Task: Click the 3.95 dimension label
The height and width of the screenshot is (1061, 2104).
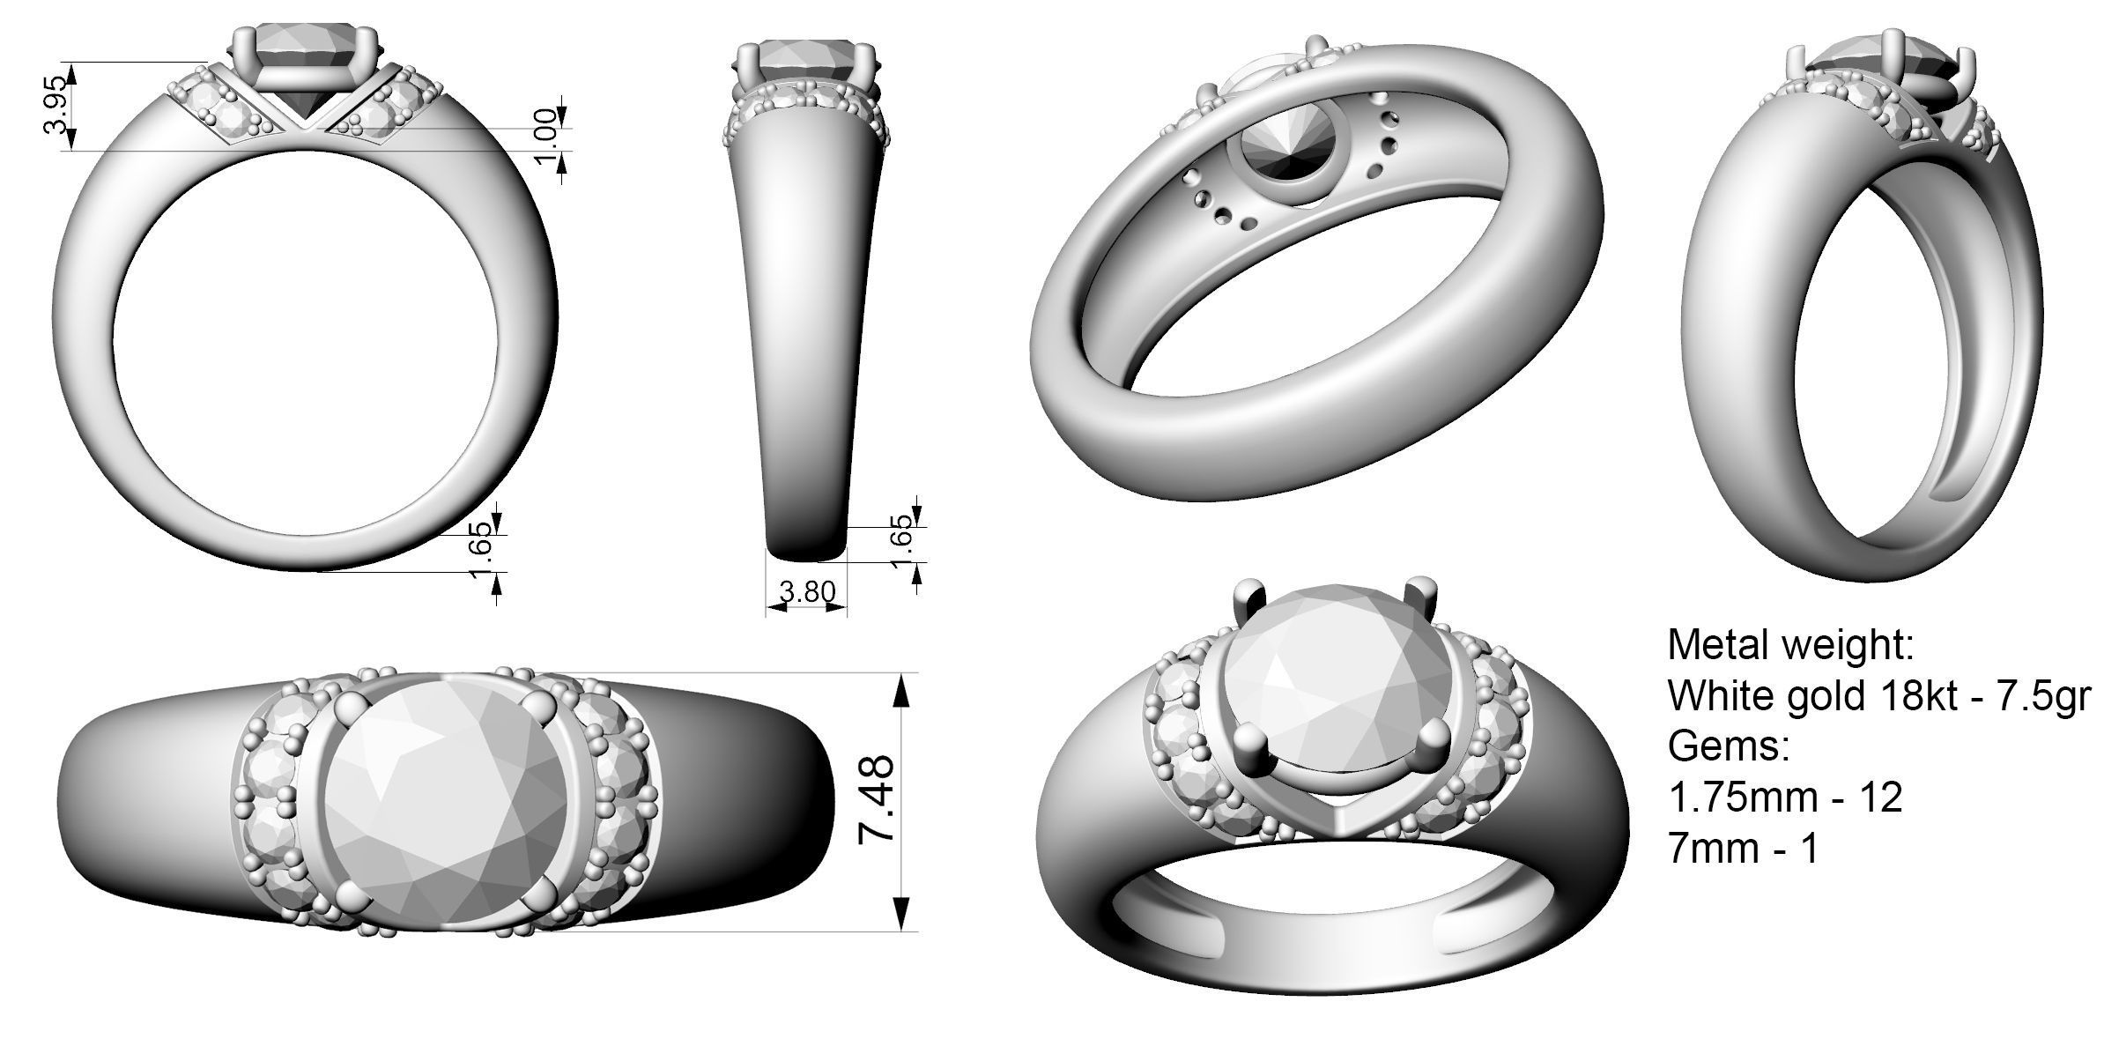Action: pos(54,106)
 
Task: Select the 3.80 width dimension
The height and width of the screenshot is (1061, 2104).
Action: pos(806,591)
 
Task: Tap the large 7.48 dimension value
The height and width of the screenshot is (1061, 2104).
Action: pos(878,800)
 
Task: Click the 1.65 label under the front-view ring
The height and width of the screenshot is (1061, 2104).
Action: pos(481,549)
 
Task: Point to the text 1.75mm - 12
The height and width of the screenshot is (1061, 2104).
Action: pos(1785,798)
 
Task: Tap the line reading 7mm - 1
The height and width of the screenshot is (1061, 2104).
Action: pos(1743,850)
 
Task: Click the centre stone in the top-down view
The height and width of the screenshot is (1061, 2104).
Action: pos(445,800)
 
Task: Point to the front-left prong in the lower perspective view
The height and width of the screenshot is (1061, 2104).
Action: pos(1248,738)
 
